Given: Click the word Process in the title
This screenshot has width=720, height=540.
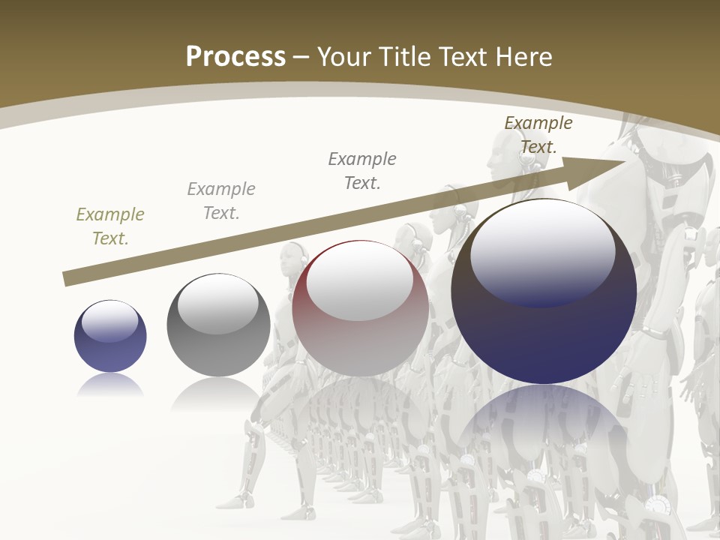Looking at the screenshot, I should [235, 57].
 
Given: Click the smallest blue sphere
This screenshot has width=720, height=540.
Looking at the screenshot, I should [110, 336].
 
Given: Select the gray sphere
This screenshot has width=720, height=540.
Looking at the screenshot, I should [218, 325].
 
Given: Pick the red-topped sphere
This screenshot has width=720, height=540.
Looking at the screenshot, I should [360, 307].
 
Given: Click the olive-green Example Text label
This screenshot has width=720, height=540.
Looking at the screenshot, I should [110, 226].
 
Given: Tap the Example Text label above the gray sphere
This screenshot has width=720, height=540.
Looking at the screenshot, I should [221, 200].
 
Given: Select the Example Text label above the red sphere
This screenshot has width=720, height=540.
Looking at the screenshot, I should [362, 170].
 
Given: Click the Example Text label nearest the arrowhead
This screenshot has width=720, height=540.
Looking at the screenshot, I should [538, 134].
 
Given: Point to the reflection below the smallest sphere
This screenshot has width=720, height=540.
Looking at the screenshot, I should [110, 385].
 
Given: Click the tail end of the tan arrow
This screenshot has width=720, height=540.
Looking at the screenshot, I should [69, 278].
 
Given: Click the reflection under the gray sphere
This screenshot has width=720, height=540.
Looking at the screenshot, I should [218, 394].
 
